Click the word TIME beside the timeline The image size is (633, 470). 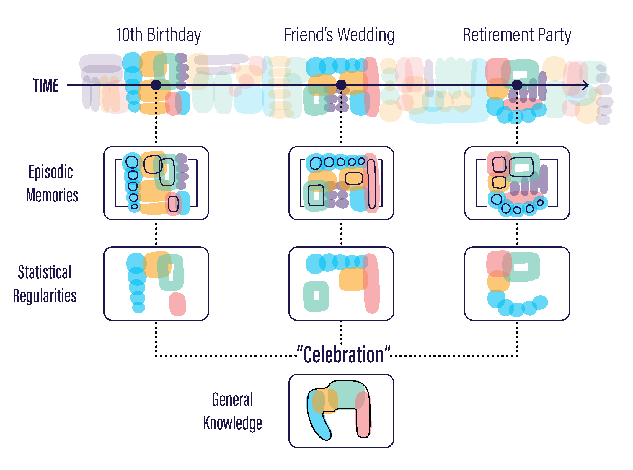point(46,85)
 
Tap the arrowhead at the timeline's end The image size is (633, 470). point(585,85)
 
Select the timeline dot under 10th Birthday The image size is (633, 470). point(156,85)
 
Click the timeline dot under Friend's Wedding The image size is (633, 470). point(341,85)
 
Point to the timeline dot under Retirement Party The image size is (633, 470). point(517,85)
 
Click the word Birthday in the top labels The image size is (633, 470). point(174,35)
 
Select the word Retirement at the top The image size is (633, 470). point(498,35)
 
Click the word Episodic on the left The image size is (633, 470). point(51,172)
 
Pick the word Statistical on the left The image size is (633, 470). point(45,272)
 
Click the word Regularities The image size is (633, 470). point(45,296)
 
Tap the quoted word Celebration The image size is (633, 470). point(344,354)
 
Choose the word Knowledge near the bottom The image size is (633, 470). point(233,423)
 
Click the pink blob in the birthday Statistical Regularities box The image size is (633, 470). point(177,304)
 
